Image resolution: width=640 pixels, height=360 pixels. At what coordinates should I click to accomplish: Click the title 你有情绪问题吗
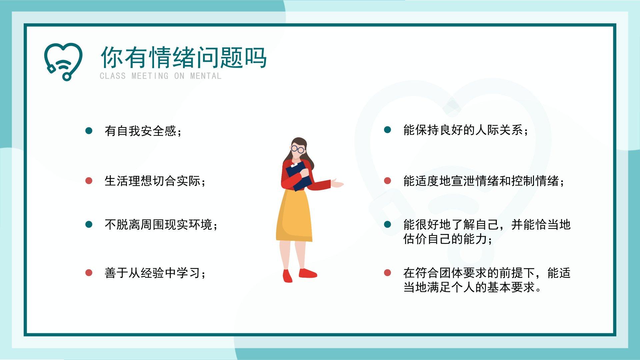click(x=184, y=57)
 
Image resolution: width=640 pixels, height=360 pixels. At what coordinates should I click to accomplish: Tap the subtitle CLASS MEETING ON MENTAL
click(x=161, y=76)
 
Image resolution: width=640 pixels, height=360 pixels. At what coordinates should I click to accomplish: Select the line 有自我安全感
click(x=144, y=131)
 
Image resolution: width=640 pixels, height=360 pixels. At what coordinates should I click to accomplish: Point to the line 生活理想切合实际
click(x=156, y=181)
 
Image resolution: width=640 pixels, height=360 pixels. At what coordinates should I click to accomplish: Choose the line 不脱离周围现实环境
click(x=162, y=225)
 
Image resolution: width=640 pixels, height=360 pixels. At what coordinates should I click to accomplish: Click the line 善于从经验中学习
click(x=156, y=273)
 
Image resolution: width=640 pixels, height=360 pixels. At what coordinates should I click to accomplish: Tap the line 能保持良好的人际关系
click(x=466, y=130)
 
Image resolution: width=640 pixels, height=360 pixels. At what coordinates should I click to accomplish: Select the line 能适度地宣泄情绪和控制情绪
click(x=484, y=181)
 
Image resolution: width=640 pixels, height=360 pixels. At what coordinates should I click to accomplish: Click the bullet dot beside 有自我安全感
click(x=89, y=130)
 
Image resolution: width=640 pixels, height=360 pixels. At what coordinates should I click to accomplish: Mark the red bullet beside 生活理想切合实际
click(x=89, y=181)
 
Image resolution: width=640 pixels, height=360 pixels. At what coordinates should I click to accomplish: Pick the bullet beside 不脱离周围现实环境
click(x=89, y=224)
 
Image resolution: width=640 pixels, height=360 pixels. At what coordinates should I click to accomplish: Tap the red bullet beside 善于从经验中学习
click(x=89, y=273)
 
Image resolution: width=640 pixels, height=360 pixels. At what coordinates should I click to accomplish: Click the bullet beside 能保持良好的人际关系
click(x=387, y=130)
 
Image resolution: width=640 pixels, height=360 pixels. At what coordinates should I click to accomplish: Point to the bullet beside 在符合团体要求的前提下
click(x=387, y=273)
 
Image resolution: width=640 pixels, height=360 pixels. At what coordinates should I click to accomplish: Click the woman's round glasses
click(x=297, y=149)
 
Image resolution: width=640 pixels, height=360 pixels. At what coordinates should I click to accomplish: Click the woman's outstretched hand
click(x=337, y=183)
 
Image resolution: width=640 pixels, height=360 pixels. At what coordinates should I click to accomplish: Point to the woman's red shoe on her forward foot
click(x=308, y=273)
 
